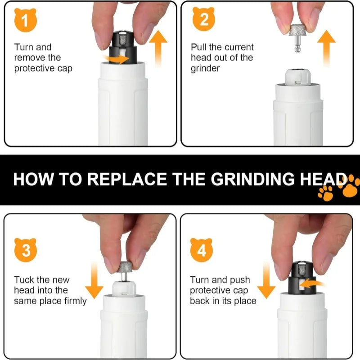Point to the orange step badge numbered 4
point(202,250)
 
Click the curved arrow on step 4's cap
point(313,283)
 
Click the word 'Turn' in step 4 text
point(199,279)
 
